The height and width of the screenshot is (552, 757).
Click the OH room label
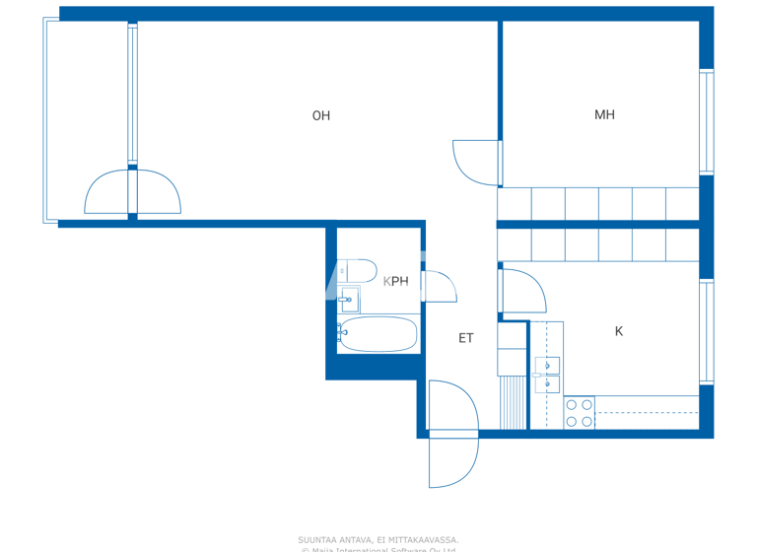click(x=320, y=115)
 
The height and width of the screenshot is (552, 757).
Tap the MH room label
click(x=604, y=114)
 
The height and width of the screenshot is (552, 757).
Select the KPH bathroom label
click(x=395, y=281)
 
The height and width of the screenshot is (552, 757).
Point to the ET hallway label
click(x=466, y=338)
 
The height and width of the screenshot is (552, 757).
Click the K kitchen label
click(x=619, y=331)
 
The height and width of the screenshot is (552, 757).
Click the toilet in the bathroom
click(x=357, y=271)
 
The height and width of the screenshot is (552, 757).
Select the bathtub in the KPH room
click(x=378, y=334)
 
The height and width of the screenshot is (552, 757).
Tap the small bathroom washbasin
click(x=349, y=300)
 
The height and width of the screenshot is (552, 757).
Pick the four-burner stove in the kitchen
click(x=579, y=413)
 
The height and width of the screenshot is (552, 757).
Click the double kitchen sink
click(x=547, y=375)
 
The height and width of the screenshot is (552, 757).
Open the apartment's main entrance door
click(x=452, y=434)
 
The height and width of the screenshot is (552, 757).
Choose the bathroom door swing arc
click(x=440, y=287)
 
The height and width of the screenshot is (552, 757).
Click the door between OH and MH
click(x=478, y=163)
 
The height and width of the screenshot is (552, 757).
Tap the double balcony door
click(x=132, y=193)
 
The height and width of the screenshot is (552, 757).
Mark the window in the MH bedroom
click(x=706, y=121)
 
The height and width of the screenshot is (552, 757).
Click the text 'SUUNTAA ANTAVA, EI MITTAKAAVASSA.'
click(x=378, y=539)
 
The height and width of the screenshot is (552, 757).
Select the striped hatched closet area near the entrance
click(x=513, y=403)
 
